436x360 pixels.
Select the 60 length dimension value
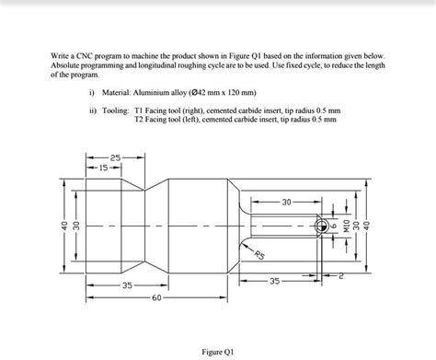tap(157, 299)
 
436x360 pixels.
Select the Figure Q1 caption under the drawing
tap(219, 351)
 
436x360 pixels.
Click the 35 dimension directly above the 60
tap(125, 287)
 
